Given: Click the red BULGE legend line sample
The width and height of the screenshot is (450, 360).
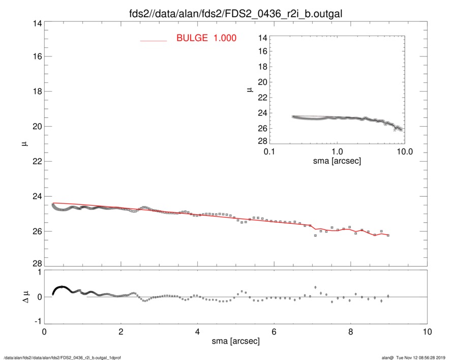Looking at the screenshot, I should coord(154,41).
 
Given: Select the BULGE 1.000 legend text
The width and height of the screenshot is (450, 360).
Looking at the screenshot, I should coord(206,38).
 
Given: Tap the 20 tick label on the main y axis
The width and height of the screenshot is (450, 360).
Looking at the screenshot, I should coord(36,126).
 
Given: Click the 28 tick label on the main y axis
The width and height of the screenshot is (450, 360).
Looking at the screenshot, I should coord(36,263).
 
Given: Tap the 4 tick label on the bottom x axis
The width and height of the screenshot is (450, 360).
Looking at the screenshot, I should coord(197,333).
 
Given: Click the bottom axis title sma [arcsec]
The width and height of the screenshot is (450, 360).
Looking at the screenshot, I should coord(235,342).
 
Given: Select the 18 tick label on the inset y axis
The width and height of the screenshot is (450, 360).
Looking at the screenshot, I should coord(262,67).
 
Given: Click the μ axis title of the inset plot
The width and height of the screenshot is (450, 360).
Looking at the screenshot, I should coord(249,89).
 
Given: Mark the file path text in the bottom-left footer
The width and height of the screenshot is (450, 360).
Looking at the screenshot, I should coord(62,357).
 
